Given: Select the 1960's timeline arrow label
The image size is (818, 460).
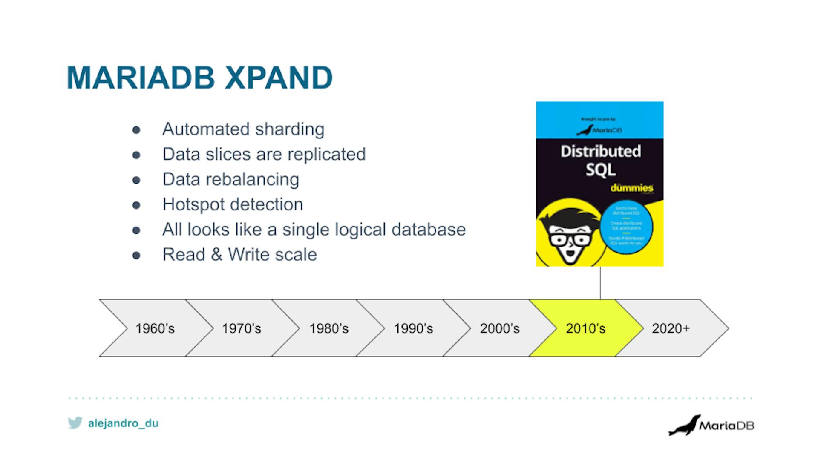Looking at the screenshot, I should (x=155, y=328).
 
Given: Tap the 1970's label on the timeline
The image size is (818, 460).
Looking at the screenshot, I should (x=241, y=328).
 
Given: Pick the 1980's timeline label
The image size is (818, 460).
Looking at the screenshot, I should (x=328, y=328).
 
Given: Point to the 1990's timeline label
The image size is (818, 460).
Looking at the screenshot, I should (x=413, y=328).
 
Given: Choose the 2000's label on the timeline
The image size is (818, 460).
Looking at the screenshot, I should (x=499, y=328).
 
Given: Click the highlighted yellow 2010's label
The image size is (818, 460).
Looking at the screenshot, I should (x=585, y=328).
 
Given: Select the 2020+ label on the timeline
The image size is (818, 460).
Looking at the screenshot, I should (x=670, y=328).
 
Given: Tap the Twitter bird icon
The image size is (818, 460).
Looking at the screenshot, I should (x=75, y=423).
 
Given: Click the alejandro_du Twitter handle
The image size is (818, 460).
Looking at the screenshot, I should (x=123, y=423).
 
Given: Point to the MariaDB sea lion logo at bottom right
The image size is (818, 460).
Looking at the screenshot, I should (x=684, y=425).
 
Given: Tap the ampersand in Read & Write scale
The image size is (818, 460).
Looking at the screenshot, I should (x=216, y=255).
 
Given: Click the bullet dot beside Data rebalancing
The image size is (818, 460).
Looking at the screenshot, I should (x=136, y=180).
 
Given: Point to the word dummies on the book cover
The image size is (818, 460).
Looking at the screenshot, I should (x=631, y=188).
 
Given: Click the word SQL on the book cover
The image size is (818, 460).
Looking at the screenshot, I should (x=600, y=170).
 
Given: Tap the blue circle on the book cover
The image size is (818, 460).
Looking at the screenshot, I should (x=626, y=226).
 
